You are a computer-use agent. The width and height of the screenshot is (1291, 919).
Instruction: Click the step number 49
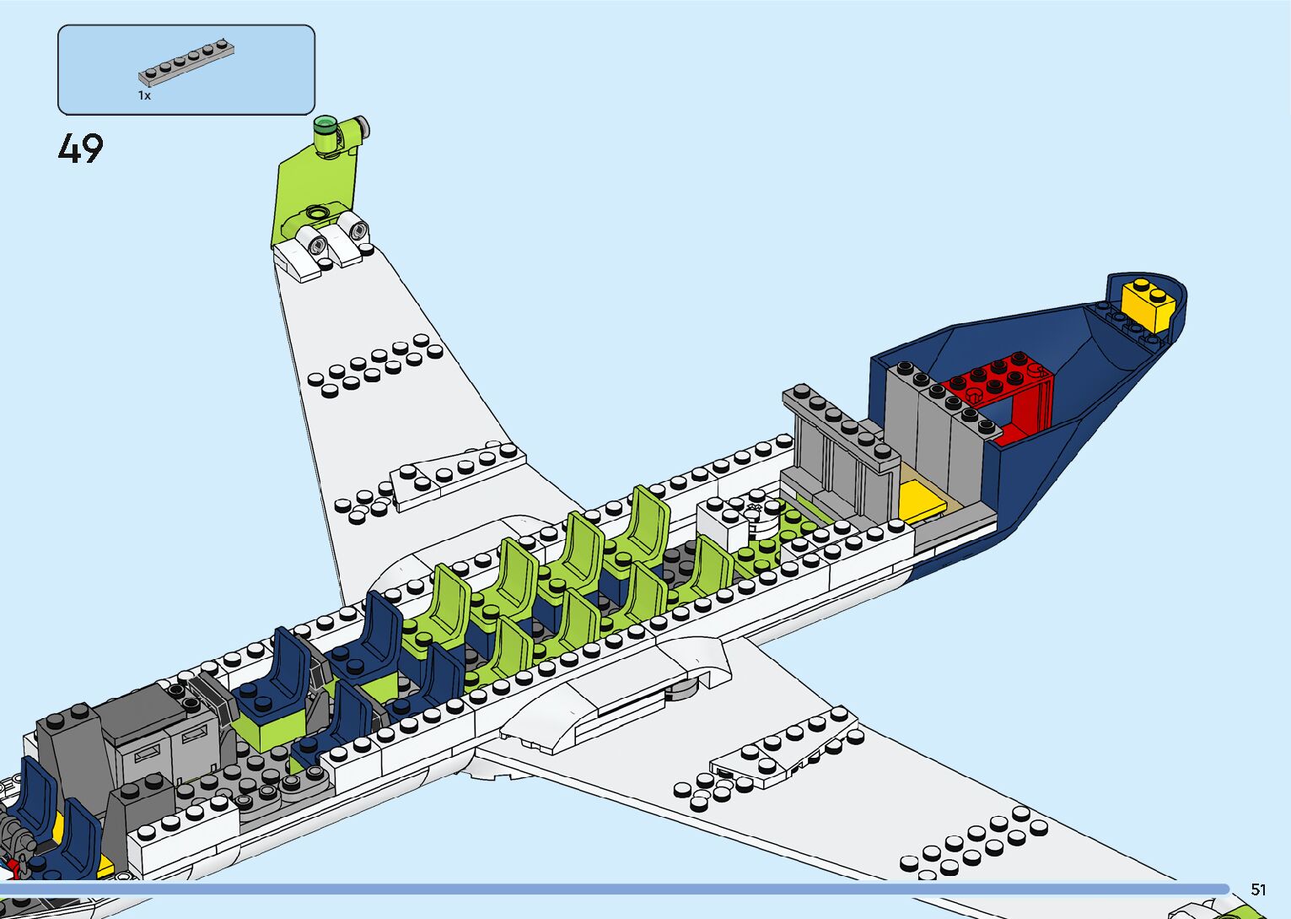click(81, 149)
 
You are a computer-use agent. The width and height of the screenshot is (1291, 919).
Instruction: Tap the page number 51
click(1258, 889)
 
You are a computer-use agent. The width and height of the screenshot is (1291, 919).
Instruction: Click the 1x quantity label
click(144, 96)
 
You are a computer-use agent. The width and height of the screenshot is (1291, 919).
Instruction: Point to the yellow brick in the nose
click(1149, 303)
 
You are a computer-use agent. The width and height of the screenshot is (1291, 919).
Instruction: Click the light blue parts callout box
click(186, 69)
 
